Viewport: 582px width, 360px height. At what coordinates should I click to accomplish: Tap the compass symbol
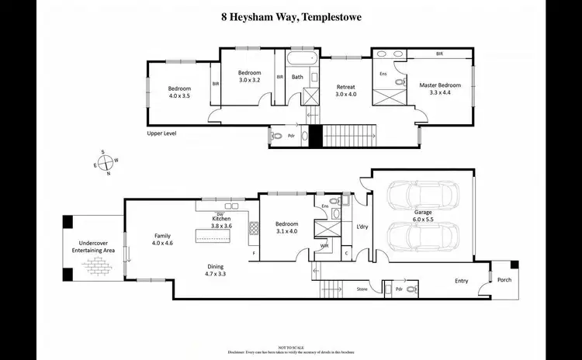click(x=106, y=162)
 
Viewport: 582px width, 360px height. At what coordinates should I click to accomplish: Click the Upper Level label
click(x=162, y=133)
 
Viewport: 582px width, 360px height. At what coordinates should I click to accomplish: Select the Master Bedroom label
click(x=440, y=85)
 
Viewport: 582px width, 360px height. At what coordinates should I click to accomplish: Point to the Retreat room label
click(x=345, y=87)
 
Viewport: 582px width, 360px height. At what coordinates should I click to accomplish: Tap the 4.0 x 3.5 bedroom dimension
click(x=179, y=97)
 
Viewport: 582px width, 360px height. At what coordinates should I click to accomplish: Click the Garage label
click(x=422, y=212)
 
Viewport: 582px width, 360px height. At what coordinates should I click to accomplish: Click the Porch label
click(x=504, y=280)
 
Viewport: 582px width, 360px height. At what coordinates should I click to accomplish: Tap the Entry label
click(x=462, y=282)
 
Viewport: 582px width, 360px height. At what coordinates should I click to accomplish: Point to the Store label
click(x=361, y=289)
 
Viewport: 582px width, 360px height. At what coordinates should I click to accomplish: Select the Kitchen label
click(x=222, y=219)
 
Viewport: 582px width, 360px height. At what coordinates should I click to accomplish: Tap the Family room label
click(x=161, y=236)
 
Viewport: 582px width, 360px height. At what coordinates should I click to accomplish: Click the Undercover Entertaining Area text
click(x=94, y=247)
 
